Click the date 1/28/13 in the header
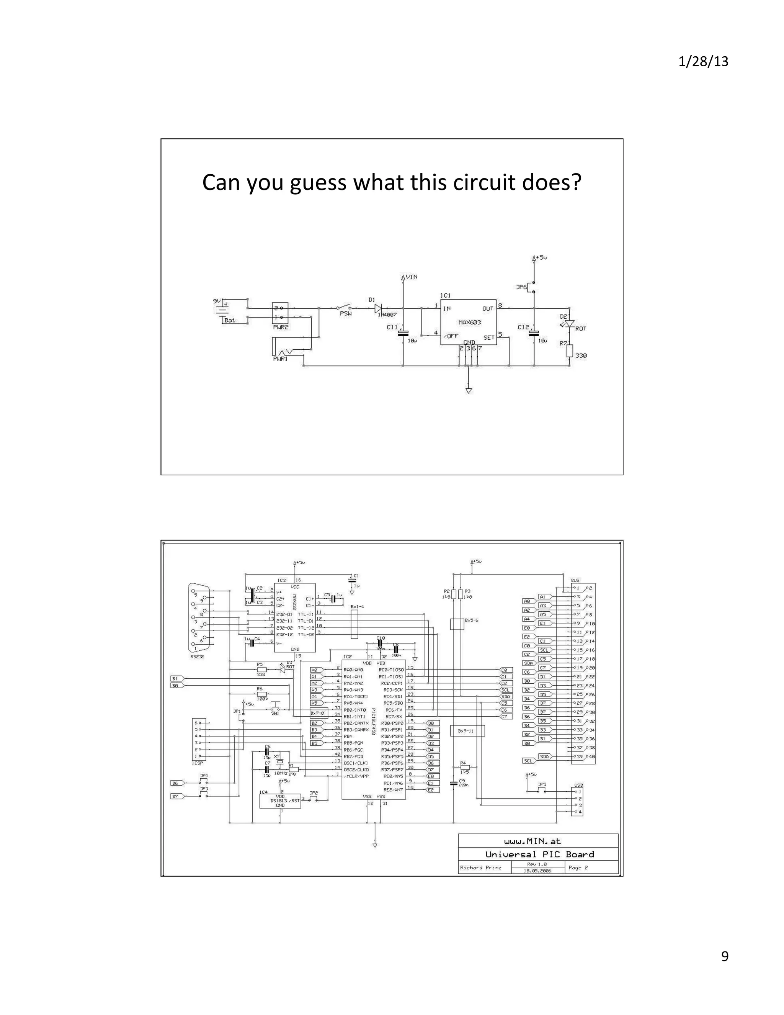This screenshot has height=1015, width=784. point(703,62)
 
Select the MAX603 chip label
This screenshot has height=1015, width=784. point(469,323)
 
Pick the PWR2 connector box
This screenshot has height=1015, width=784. point(280,313)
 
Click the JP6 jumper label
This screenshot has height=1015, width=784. point(522,288)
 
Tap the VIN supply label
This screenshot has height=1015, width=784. point(411,277)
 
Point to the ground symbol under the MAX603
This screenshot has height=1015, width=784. point(469,390)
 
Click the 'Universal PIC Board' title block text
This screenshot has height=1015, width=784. point(539,855)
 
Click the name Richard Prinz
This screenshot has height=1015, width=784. point(480,868)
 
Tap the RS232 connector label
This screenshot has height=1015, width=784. point(197,656)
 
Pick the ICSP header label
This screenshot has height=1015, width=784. point(198,763)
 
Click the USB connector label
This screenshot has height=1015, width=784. point(578,786)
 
